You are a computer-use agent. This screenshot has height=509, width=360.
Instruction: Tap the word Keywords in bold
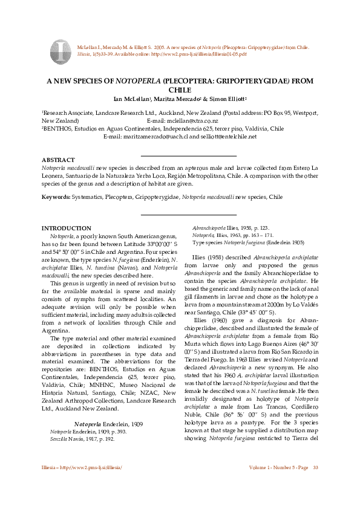coord(55,197)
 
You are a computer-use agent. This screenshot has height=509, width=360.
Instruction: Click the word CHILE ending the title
coord(179,89)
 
